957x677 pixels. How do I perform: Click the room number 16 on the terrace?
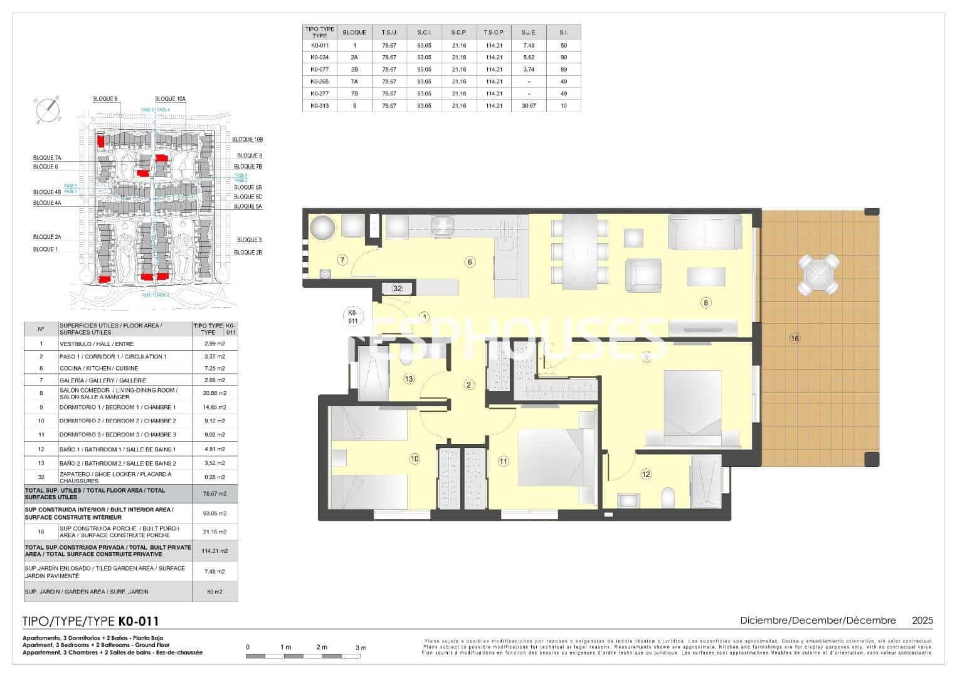[795, 338]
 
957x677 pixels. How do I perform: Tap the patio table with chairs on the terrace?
[818, 275]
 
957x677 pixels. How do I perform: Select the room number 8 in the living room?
[706, 303]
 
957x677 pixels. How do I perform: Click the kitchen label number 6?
[470, 262]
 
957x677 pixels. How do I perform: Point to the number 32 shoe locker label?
[397, 288]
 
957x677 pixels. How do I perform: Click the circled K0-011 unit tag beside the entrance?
[352, 317]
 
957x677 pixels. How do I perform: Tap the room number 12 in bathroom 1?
[646, 475]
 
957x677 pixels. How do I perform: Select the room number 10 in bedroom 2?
[414, 459]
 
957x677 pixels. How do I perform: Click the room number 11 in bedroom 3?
[503, 461]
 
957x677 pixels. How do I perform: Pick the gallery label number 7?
[342, 260]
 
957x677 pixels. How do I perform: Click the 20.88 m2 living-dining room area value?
[214, 393]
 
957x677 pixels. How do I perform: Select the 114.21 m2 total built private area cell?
[214, 551]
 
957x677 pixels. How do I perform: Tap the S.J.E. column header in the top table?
[529, 33]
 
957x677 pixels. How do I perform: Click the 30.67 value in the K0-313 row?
[529, 106]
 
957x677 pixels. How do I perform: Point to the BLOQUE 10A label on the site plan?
[170, 99]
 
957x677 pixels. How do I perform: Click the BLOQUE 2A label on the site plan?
[47, 237]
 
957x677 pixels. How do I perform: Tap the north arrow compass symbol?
[48, 110]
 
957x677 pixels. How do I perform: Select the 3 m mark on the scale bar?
[361, 648]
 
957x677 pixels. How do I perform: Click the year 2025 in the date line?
[922, 621]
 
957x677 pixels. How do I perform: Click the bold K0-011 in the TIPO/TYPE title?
[138, 622]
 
